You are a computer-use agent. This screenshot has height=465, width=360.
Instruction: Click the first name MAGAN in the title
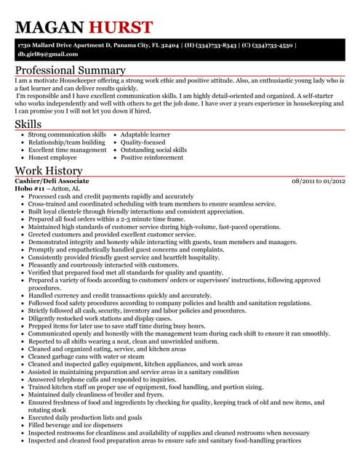50,28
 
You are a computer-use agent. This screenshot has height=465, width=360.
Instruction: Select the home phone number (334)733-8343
222,45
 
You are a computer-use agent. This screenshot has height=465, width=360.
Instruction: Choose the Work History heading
48,171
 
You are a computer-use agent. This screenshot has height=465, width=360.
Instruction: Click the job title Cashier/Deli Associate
52,180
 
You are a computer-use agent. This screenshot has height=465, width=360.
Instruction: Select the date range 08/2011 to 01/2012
318,180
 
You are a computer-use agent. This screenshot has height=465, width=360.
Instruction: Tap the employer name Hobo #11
30,188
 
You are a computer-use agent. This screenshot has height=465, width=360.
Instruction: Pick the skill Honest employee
53,157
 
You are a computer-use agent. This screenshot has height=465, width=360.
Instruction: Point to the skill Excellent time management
68,150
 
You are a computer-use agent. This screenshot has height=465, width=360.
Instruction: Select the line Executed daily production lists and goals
87,416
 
